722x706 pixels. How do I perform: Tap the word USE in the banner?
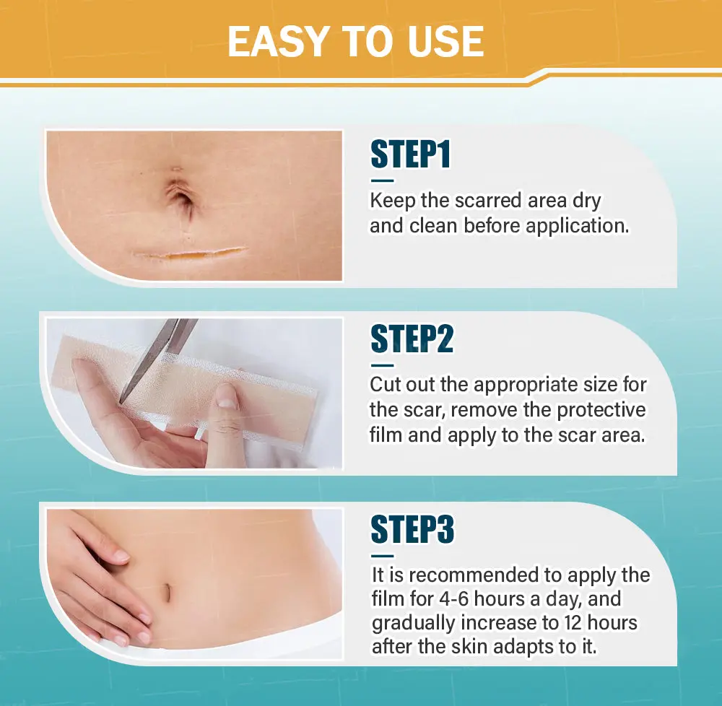[x=445, y=41]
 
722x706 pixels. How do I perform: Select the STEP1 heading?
[x=410, y=154]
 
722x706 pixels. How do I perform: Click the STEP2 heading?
[x=412, y=339]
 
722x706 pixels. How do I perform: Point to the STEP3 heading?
[x=412, y=529]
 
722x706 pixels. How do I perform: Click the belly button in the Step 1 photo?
[x=183, y=197]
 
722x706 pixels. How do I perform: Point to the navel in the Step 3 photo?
[x=168, y=592]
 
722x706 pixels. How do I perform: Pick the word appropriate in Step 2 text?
[x=534, y=385]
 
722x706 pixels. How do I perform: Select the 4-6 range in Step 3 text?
[x=453, y=598]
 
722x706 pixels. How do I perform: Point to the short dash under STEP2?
[x=382, y=365]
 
